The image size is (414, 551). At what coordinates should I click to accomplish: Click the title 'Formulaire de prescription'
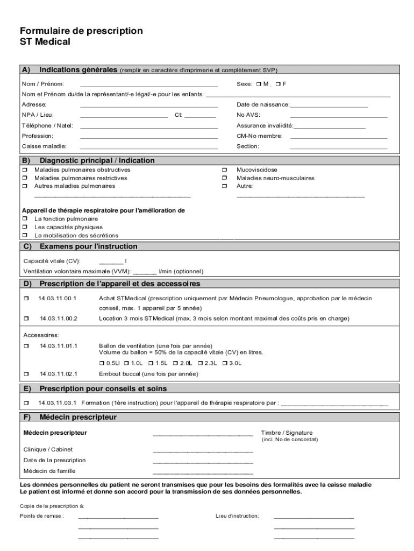click(x=81, y=31)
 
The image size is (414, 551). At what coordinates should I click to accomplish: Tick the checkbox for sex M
click(x=259, y=84)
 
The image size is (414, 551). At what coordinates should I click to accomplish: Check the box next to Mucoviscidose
click(x=224, y=169)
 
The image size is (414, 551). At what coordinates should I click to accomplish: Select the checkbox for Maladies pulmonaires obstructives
click(x=24, y=169)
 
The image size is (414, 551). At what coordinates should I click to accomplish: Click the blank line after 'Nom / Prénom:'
click(x=149, y=85)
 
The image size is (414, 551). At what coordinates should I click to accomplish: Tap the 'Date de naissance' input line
click(x=329, y=105)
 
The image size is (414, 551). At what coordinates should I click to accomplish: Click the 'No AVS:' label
click(x=248, y=115)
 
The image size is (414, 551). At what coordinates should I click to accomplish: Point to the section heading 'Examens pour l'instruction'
click(x=88, y=246)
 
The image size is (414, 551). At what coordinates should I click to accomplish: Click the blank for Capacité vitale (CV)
click(x=111, y=262)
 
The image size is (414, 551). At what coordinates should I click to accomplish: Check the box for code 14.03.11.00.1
click(x=25, y=298)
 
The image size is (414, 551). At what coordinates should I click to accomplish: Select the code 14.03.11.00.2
click(x=59, y=319)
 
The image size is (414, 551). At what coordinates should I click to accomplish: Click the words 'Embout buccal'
click(x=115, y=373)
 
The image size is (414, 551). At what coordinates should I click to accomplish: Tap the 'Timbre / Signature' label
click(x=287, y=433)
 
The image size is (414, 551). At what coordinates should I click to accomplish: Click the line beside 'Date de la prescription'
click(x=203, y=462)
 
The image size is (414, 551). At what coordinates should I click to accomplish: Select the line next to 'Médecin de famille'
click(x=203, y=472)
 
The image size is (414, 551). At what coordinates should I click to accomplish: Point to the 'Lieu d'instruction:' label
click(x=237, y=516)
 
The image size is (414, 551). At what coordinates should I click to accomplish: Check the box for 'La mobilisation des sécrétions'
click(x=24, y=235)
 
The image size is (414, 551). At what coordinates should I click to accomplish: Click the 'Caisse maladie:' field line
click(x=149, y=147)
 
